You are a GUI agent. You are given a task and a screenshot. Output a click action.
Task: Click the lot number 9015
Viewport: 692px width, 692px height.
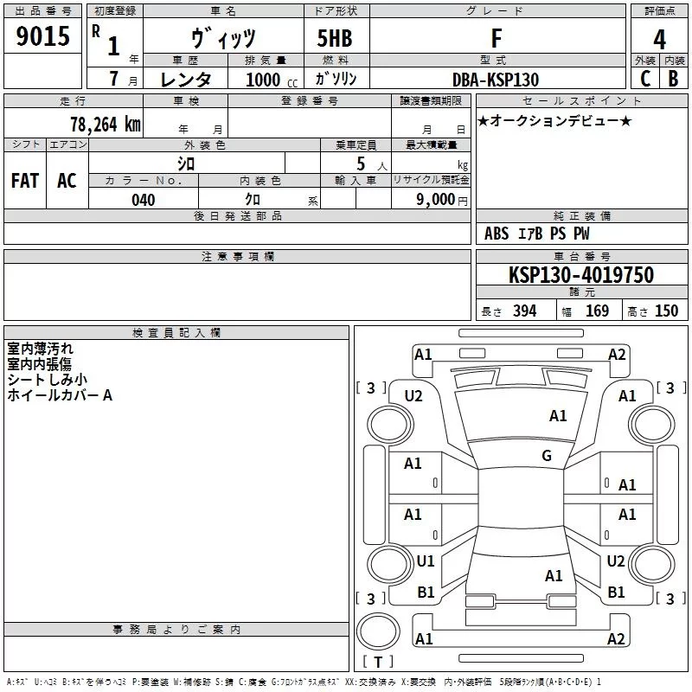(x=42, y=35)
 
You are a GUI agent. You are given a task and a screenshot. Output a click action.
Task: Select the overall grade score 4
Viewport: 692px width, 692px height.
(x=659, y=39)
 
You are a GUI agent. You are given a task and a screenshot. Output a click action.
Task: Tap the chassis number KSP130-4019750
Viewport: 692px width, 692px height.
(x=581, y=274)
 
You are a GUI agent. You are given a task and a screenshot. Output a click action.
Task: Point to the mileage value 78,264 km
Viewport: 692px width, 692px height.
(x=106, y=125)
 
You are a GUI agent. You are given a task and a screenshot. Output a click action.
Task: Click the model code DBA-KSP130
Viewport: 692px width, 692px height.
(x=496, y=80)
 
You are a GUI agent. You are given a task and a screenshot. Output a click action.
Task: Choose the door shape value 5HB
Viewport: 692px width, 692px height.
(x=335, y=38)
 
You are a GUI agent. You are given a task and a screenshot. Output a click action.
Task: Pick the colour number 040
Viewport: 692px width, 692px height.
(x=143, y=200)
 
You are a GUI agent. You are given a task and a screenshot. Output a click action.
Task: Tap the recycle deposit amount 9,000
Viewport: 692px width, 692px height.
(x=435, y=199)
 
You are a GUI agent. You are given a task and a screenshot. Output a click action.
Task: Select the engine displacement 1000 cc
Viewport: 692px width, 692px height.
(x=272, y=80)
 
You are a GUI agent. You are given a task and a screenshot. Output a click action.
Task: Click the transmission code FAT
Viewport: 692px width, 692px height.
(x=25, y=181)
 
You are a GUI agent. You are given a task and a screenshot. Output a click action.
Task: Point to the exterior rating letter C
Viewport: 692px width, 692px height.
(x=645, y=79)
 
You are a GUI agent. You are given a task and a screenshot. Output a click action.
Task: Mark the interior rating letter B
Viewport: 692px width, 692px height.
(x=673, y=79)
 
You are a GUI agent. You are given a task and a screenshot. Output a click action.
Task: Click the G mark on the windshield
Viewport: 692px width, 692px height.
(x=547, y=455)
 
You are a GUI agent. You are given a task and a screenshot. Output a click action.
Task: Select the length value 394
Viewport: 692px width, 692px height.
(x=524, y=311)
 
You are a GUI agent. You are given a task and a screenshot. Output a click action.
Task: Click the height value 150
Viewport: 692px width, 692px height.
(x=666, y=311)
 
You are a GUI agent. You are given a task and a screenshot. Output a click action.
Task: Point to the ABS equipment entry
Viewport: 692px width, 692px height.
(x=497, y=234)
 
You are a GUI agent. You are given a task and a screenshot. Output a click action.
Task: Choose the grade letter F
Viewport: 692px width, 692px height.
(x=497, y=38)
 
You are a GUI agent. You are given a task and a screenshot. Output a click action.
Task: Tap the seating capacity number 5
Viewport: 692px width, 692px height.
(x=361, y=163)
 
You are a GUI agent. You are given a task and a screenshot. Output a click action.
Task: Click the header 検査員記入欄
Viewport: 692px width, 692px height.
(x=176, y=333)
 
